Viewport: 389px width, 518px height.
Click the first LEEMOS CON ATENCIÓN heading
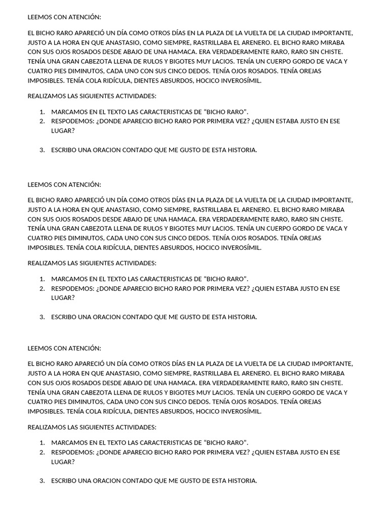click(64, 17)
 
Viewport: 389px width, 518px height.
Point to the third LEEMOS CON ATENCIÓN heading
click(64, 348)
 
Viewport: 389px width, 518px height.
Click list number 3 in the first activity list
click(42, 150)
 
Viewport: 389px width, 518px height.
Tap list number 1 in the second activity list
click(42, 279)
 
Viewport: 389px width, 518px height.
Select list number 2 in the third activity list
click(42, 452)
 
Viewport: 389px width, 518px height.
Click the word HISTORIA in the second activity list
click(243, 317)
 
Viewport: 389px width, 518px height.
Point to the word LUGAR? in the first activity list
click(63, 131)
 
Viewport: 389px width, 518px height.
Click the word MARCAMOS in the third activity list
click(68, 443)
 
